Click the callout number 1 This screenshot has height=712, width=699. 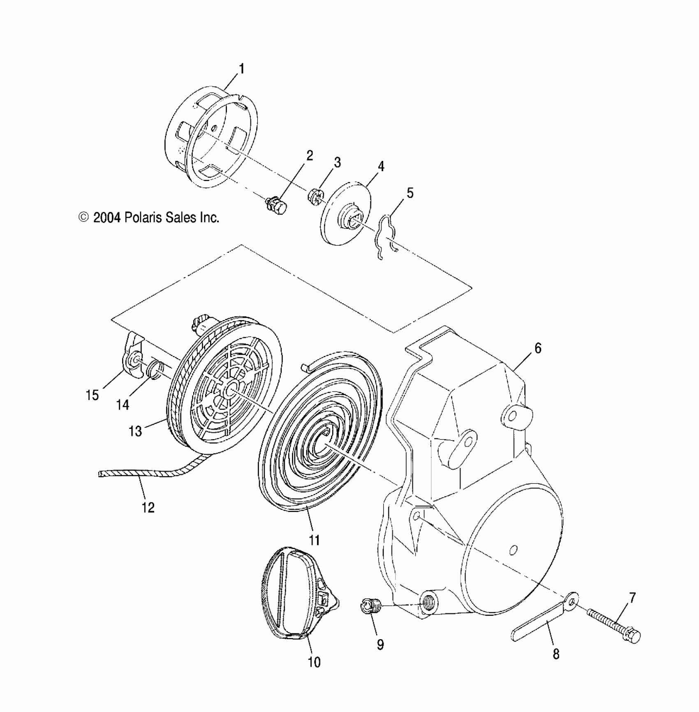coord(242,69)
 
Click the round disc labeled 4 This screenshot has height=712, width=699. coord(346,214)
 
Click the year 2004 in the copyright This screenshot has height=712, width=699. coord(107,217)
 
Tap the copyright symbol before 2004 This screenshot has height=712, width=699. coord(83,217)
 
